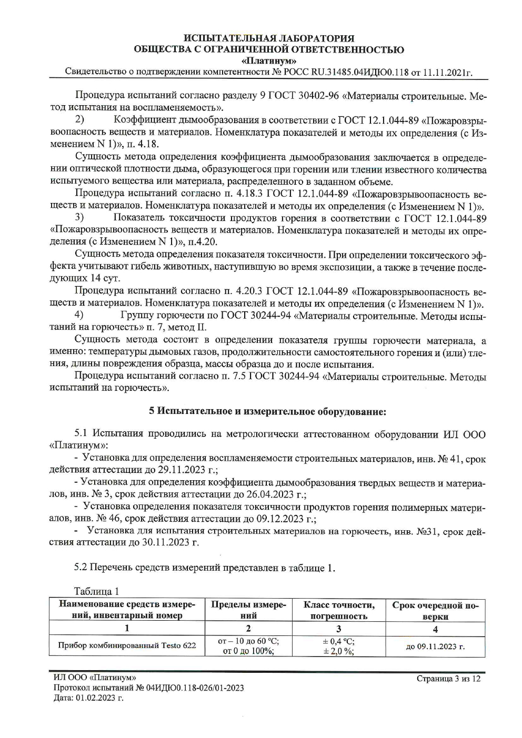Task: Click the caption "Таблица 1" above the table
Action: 96,592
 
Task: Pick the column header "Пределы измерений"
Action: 248,610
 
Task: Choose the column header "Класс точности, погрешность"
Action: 338,610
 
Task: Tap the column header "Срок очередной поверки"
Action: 435,610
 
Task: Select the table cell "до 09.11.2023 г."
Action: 435,646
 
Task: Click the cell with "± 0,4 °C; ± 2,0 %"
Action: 338,646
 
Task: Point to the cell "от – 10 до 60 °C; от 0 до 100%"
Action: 248,646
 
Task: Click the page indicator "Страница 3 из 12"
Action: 448,679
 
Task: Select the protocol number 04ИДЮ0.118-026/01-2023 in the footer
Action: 190,688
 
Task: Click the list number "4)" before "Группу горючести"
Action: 79,315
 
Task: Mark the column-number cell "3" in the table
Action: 338,628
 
